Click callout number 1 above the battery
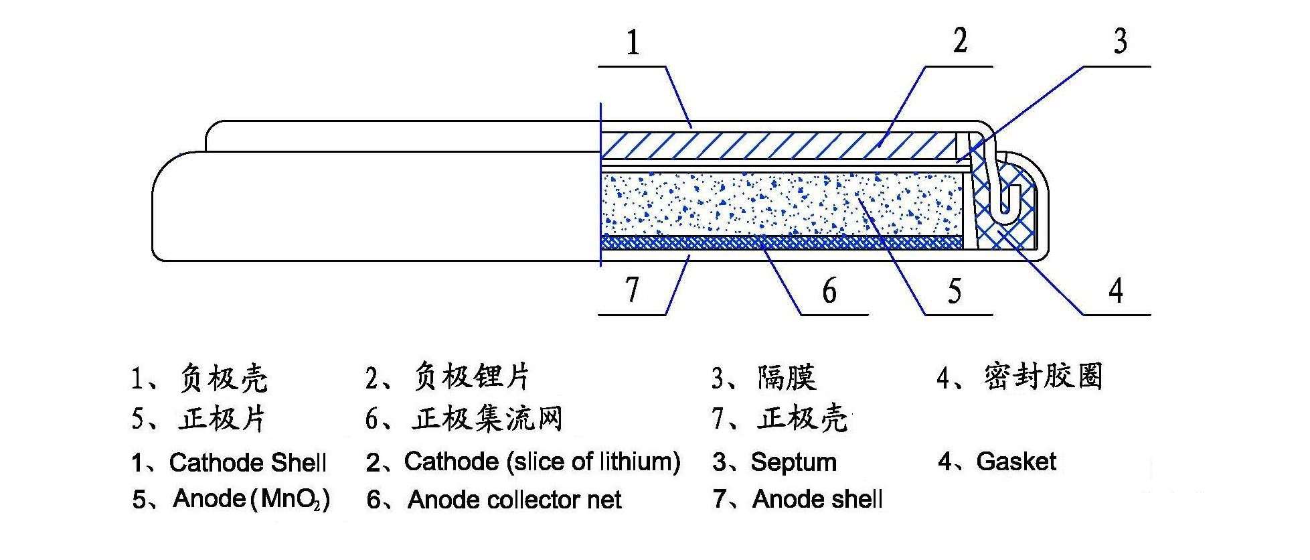click(633, 43)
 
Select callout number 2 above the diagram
click(960, 42)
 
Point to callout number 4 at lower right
click(1115, 291)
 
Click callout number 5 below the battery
click(955, 291)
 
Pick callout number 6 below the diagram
click(829, 291)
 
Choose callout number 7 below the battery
click(633, 291)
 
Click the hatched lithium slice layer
click(776, 145)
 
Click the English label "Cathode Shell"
click(248, 462)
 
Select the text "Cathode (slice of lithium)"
click(542, 462)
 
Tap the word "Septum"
click(794, 462)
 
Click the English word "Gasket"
click(1016, 462)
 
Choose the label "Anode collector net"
click(514, 500)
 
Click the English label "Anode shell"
click(817, 499)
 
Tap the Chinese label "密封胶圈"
click(1043, 377)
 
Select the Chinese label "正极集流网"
click(487, 419)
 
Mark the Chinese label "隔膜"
click(787, 378)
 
